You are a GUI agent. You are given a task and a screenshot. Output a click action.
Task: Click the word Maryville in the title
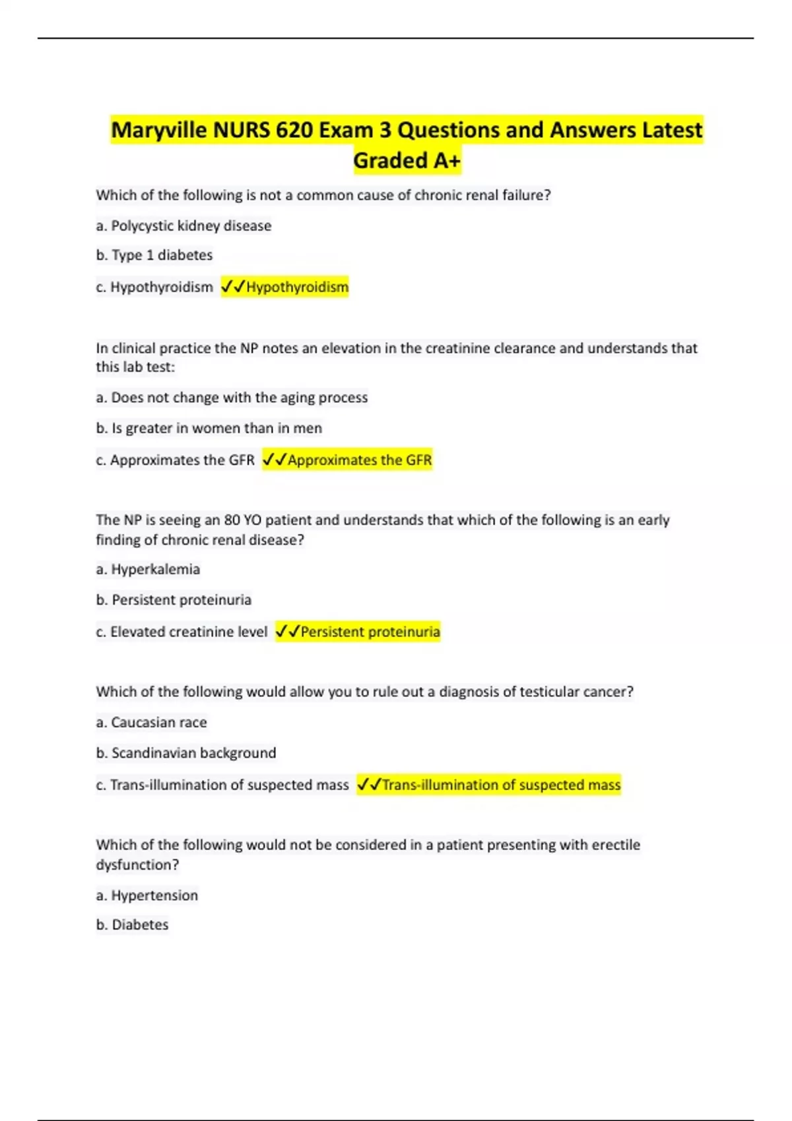pyautogui.click(x=158, y=130)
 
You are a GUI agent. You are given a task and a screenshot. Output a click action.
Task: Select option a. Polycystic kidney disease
pyautogui.click(x=183, y=226)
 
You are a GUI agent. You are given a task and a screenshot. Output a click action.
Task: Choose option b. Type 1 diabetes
pyautogui.click(x=154, y=255)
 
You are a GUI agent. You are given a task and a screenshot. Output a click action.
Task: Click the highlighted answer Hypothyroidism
pyautogui.click(x=297, y=287)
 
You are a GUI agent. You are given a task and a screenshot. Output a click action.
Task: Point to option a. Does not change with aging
pyautogui.click(x=232, y=398)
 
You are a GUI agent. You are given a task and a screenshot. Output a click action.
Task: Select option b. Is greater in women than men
pyautogui.click(x=209, y=428)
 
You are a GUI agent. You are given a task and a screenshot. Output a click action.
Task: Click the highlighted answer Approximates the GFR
pyautogui.click(x=360, y=460)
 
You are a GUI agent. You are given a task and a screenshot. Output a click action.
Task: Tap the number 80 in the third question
pyautogui.click(x=232, y=520)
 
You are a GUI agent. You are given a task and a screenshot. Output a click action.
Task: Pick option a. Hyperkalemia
pyautogui.click(x=148, y=569)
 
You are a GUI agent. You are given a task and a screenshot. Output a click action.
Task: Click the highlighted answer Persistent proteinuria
pyautogui.click(x=370, y=632)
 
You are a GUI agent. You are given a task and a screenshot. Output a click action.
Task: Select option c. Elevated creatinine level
pyautogui.click(x=181, y=632)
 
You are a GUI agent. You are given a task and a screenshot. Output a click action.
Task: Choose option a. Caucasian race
pyautogui.click(x=151, y=722)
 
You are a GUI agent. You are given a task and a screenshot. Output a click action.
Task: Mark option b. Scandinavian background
pyautogui.click(x=186, y=753)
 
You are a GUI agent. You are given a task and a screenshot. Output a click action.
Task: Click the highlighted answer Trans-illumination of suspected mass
pyautogui.click(x=501, y=785)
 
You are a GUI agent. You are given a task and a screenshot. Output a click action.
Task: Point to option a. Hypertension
pyautogui.click(x=147, y=895)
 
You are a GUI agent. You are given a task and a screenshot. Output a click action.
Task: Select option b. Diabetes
pyautogui.click(x=132, y=925)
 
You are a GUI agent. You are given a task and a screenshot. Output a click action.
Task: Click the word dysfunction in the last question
pyautogui.click(x=137, y=864)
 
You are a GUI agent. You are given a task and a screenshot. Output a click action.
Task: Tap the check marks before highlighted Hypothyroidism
pyautogui.click(x=233, y=287)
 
